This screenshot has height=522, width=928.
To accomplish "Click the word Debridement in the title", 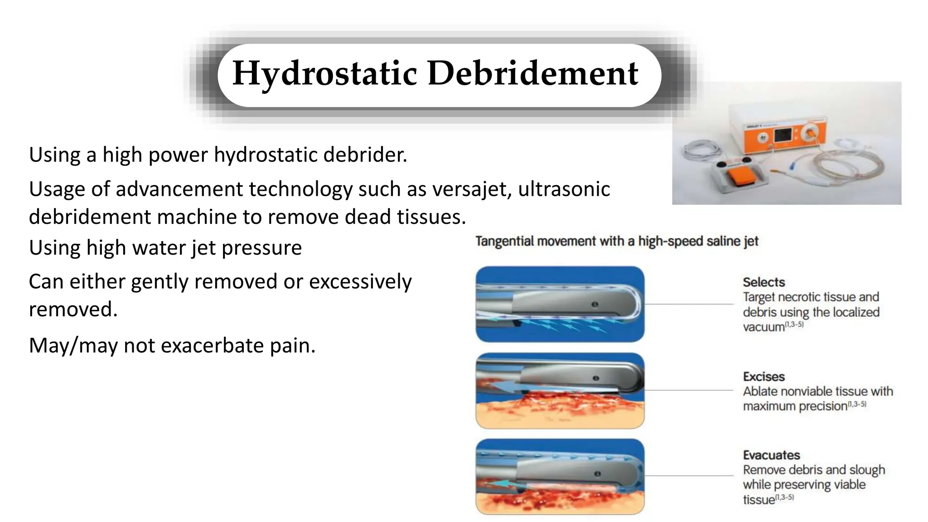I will click(533, 73).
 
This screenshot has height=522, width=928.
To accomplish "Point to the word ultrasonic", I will click(564, 189).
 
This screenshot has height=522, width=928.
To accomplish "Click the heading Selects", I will click(764, 282).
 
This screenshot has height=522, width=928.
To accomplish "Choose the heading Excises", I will click(764, 377).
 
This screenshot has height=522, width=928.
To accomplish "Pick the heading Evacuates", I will click(771, 455).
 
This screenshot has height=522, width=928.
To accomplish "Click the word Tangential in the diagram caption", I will click(505, 241).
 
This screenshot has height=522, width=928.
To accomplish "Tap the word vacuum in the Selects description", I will click(764, 327).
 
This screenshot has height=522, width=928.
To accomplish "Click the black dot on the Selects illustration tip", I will click(595, 304).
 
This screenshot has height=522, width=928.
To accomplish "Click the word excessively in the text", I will click(360, 282).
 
